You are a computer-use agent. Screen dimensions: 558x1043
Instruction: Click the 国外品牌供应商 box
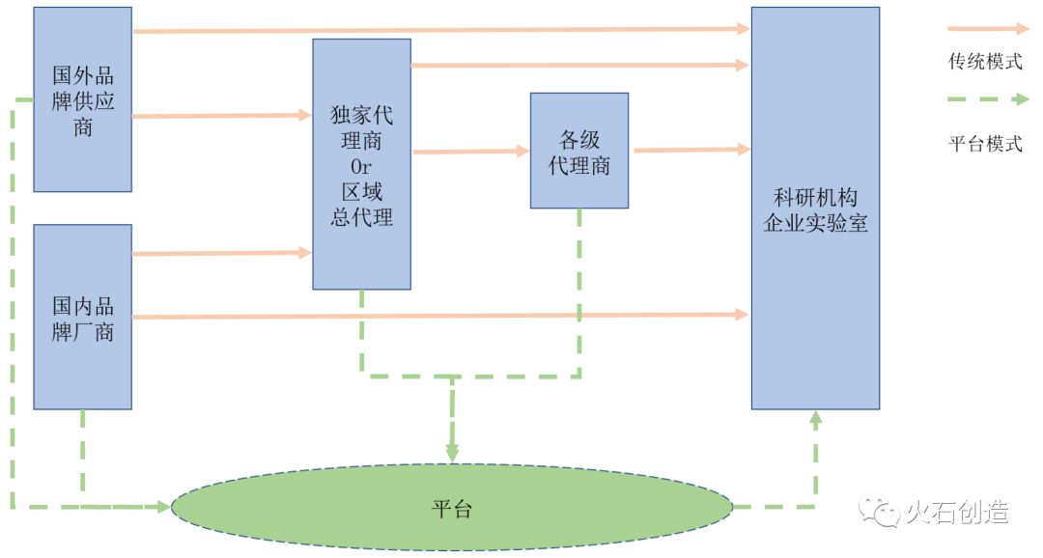point(82,98)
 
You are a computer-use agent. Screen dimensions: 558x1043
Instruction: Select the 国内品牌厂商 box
point(82,317)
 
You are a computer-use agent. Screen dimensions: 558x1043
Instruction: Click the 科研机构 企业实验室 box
point(815,208)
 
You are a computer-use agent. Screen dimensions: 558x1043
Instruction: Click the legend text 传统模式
point(985,62)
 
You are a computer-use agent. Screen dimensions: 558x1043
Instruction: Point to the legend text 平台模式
point(985,145)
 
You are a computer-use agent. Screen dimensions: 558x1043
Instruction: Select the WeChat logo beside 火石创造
point(879,512)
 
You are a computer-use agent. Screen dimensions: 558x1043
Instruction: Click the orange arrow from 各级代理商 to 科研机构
point(690,150)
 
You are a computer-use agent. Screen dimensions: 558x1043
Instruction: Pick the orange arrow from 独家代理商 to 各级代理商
point(469,152)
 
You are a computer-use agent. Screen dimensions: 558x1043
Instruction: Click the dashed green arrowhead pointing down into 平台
point(451,449)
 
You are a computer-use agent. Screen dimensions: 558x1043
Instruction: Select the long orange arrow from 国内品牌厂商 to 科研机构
point(440,316)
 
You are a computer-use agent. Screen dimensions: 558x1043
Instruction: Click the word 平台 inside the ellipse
point(451,509)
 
